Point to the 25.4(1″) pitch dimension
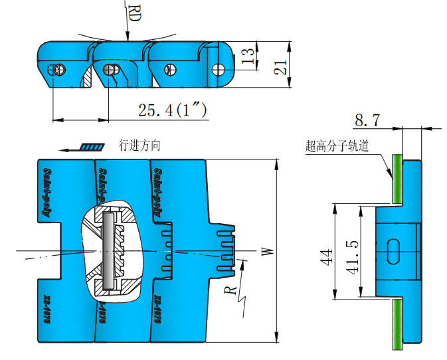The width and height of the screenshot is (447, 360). pyautogui.click(x=172, y=110)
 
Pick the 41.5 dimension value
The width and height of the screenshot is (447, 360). pyautogui.click(x=352, y=252)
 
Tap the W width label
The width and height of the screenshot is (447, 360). pyautogui.click(x=267, y=251)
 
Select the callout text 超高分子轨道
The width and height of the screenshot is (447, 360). pyautogui.click(x=337, y=146)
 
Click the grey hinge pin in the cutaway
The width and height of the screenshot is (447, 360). pyautogui.click(x=105, y=250)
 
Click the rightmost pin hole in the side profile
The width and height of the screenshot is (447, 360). pyautogui.click(x=217, y=68)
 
